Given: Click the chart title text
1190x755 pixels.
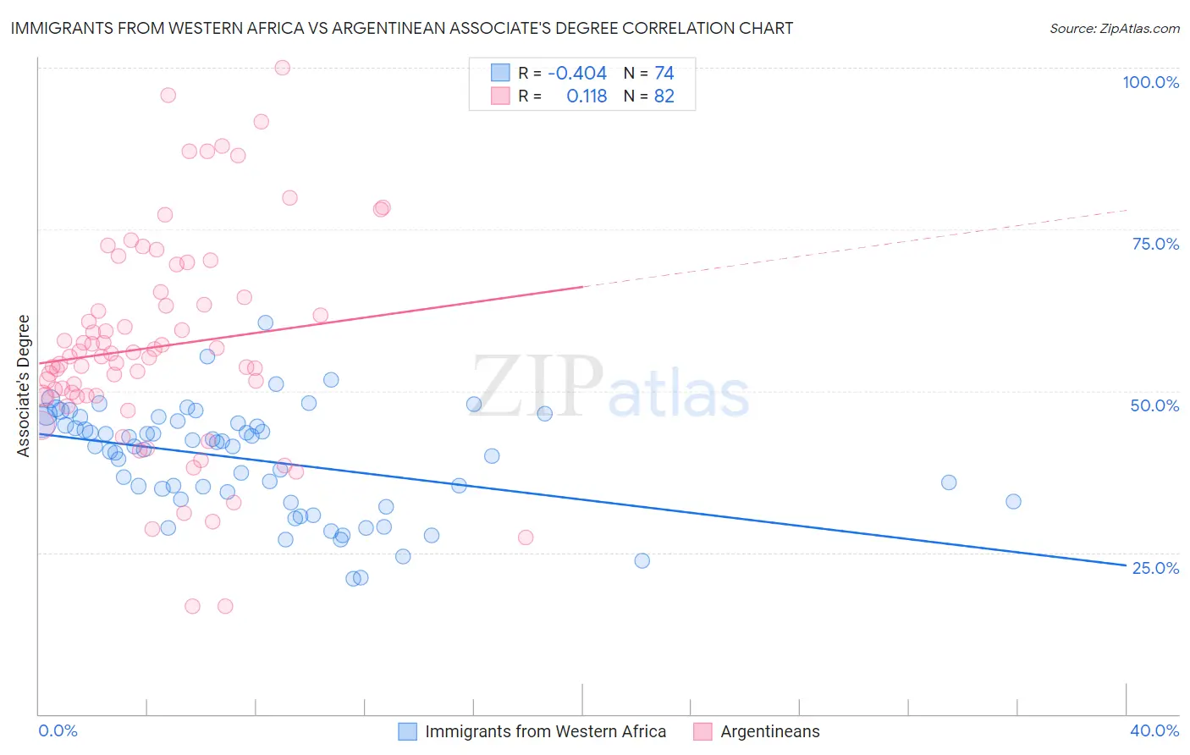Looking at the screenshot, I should tap(402, 28).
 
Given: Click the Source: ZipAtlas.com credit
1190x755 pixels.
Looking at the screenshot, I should tap(1114, 29).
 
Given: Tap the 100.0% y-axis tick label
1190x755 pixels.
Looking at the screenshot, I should tap(1150, 82).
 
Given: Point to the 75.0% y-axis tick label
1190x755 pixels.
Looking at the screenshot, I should tap(1155, 244).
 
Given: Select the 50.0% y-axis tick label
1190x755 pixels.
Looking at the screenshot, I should tap(1154, 405).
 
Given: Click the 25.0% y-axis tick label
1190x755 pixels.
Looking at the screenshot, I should tap(1155, 568).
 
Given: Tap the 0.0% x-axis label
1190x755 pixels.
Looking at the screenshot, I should tap(58, 730).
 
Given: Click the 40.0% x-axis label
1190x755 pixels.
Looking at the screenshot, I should tap(1154, 730).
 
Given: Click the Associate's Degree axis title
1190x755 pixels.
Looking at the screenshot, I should tap(24, 386).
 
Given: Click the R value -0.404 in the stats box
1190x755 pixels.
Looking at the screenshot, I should tap(577, 74).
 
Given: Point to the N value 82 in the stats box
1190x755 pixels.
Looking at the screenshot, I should tap(664, 96).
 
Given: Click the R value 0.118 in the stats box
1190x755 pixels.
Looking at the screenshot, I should tap(587, 96).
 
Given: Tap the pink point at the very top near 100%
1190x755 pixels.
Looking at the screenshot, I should tap(283, 68).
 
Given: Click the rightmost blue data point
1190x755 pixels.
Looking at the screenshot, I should tap(1013, 501).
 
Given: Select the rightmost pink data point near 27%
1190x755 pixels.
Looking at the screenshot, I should tap(526, 537).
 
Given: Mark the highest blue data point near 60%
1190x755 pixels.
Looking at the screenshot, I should tap(266, 322).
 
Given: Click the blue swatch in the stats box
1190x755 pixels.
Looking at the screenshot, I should tap(500, 74).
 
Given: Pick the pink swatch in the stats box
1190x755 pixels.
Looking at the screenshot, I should tap(500, 96).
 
